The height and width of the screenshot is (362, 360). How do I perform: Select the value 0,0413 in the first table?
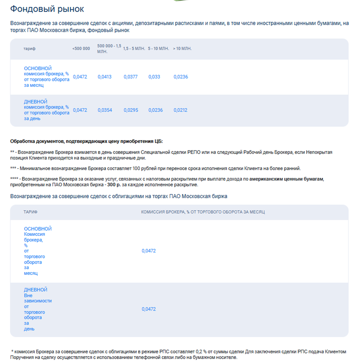(x=105, y=77)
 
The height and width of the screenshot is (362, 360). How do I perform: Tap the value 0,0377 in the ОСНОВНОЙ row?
(x=130, y=77)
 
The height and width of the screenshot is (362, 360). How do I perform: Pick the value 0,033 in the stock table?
(x=154, y=77)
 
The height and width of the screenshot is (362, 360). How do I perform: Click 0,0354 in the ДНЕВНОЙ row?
(x=105, y=110)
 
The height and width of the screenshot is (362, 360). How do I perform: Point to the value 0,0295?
(x=130, y=110)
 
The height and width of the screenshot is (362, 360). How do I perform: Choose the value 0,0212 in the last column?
(x=181, y=110)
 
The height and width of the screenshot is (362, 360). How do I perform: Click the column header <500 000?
(x=81, y=49)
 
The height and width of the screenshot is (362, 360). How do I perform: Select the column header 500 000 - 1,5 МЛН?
(x=109, y=48)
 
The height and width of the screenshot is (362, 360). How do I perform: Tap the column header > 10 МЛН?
(x=182, y=49)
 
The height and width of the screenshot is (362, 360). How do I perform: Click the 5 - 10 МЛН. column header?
(x=159, y=49)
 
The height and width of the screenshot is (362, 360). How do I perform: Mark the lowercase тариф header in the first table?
(x=30, y=49)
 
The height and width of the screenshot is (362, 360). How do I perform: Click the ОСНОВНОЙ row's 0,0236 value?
(x=181, y=77)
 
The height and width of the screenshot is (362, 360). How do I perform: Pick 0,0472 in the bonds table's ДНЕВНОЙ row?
(x=149, y=309)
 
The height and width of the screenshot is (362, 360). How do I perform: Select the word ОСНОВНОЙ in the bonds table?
(x=38, y=229)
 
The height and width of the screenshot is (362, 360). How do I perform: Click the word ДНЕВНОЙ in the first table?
(x=35, y=102)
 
